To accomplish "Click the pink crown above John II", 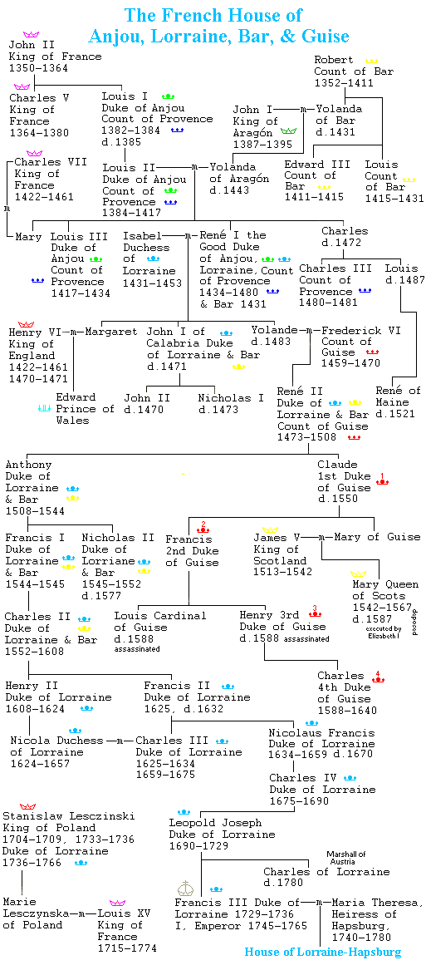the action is coord(31,34).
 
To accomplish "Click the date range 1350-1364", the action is coord(39,67).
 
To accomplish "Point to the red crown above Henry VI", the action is coord(27,323).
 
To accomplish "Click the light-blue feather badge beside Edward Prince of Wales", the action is coord(44,407).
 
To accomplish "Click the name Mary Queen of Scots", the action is coord(384,589).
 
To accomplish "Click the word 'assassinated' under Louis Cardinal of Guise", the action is coord(137,648).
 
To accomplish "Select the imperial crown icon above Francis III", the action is coord(186,888).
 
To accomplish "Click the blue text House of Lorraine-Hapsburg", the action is coord(323,952).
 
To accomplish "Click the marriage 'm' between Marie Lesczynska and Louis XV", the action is coord(86,914).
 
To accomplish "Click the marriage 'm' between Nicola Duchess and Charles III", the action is coord(121,741).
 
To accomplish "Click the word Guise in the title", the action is coord(326,36).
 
